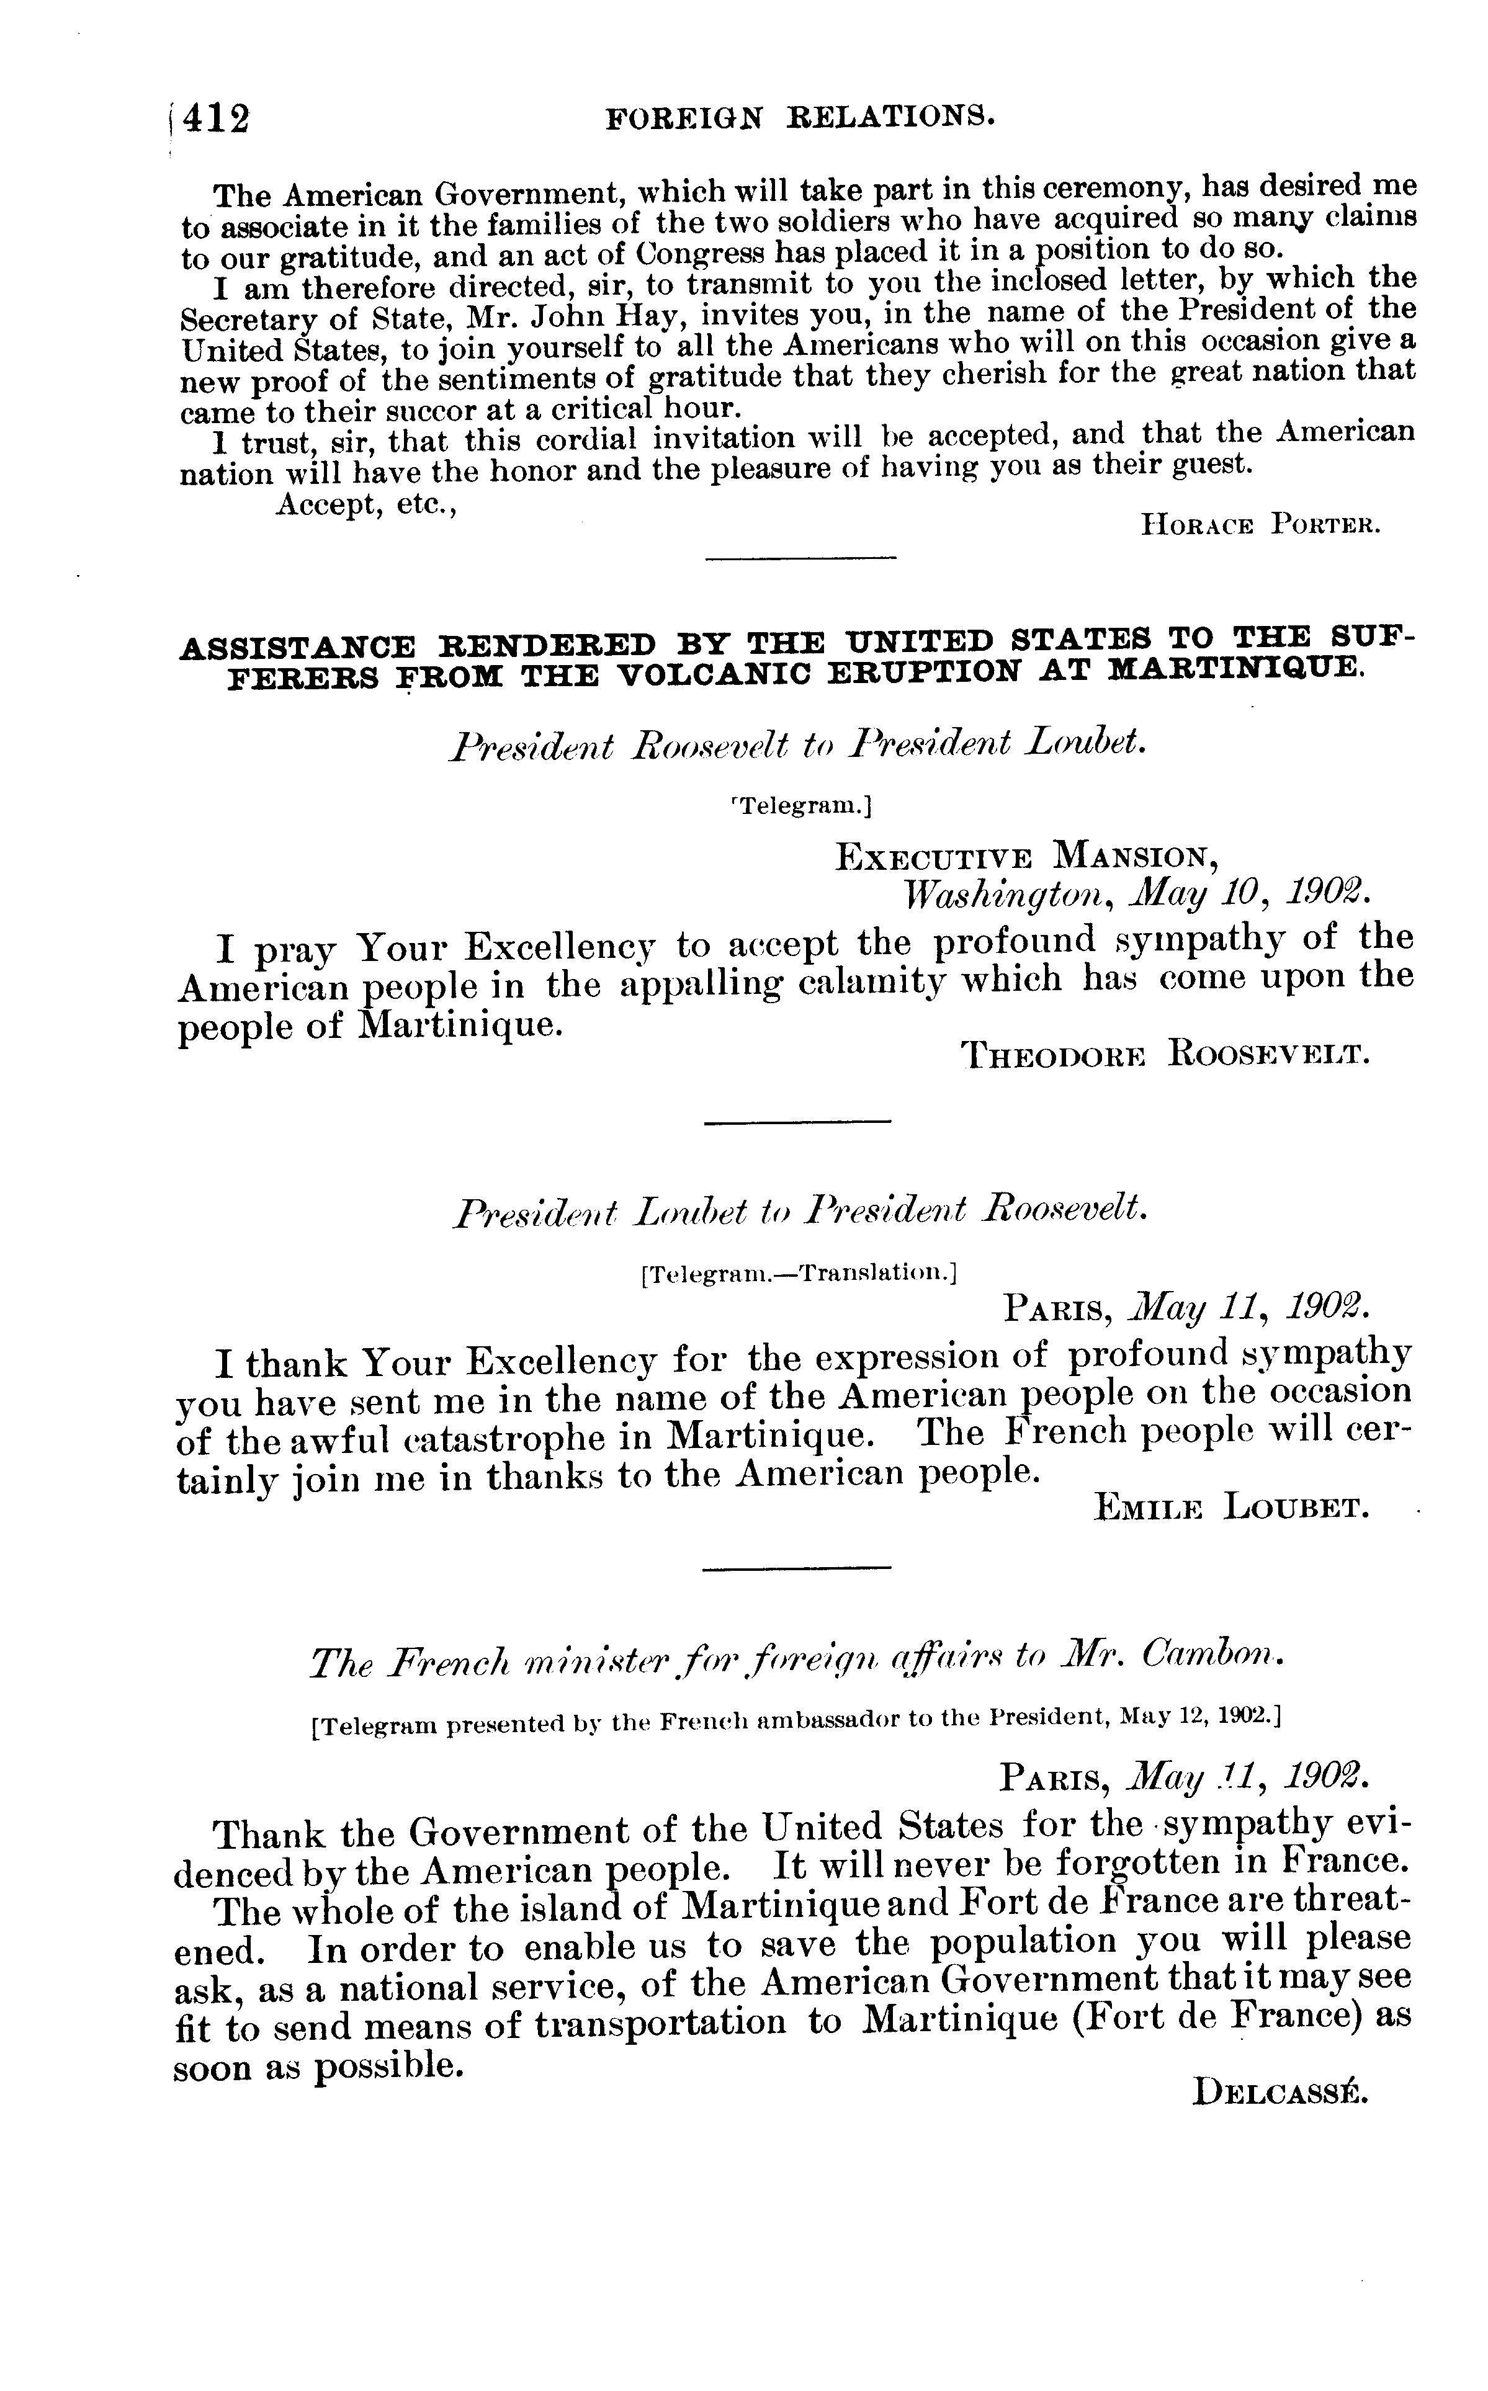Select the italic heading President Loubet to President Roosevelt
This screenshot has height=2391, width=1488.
point(800,1209)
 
